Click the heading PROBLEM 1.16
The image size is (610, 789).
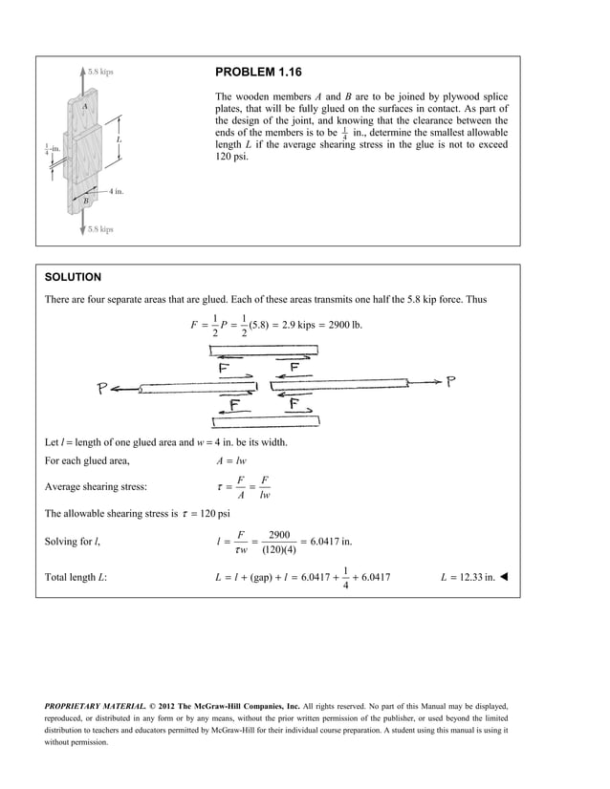pos(258,73)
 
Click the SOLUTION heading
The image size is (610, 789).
pos(73,277)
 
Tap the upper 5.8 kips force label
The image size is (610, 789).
pos(100,71)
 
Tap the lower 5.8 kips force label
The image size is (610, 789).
pos(99,229)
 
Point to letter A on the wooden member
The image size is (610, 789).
pos(85,106)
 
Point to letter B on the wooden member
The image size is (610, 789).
pos(85,201)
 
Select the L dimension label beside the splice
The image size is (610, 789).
pos(119,139)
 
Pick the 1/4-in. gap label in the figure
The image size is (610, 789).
pos(52,149)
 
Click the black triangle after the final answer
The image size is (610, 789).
pos(504,577)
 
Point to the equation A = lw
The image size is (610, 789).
pos(233,460)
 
